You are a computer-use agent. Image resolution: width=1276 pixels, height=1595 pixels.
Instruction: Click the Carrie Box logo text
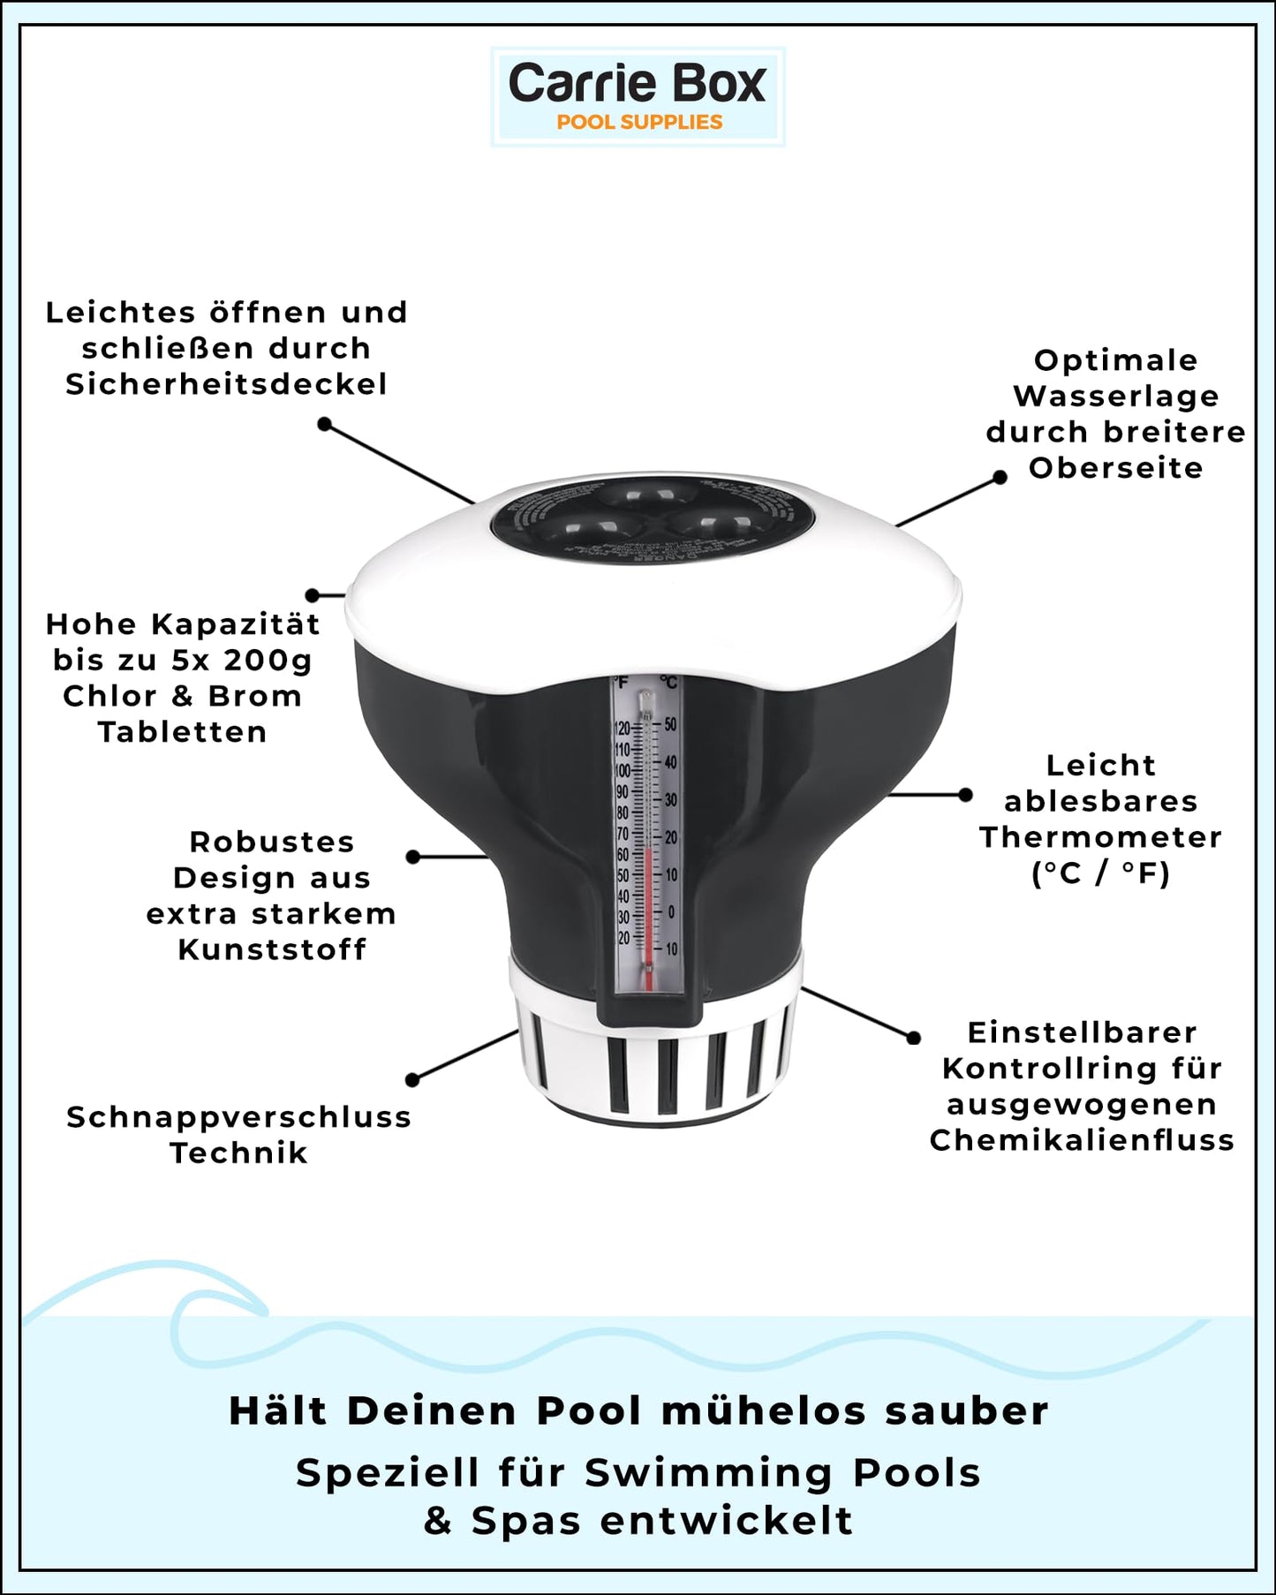pyautogui.click(x=637, y=84)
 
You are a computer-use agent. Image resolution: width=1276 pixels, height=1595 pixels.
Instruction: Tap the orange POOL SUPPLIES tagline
pyautogui.click(x=639, y=123)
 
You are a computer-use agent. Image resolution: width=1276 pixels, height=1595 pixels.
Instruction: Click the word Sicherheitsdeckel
pyautogui.click(x=226, y=384)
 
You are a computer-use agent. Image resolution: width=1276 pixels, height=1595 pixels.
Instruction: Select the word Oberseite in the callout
pyautogui.click(x=1115, y=468)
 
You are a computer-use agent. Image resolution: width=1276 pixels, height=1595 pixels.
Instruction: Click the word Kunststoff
pyautogui.click(x=272, y=949)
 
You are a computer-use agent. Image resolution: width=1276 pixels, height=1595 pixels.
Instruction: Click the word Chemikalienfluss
pyautogui.click(x=1082, y=1140)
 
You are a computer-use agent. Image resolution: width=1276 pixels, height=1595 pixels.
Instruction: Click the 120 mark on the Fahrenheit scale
pyautogui.click(x=623, y=729)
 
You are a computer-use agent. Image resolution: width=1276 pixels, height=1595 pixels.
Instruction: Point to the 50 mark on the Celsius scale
pyautogui.click(x=671, y=724)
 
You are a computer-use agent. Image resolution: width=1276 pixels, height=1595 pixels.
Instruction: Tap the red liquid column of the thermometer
pyautogui.click(x=647, y=910)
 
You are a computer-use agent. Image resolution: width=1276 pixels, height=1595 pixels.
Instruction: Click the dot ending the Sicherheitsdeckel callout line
pyautogui.click(x=325, y=425)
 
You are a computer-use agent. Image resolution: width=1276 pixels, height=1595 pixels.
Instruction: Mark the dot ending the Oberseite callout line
pyautogui.click(x=1000, y=477)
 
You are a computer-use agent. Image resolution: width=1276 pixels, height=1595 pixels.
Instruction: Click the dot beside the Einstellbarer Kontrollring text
pyautogui.click(x=914, y=1038)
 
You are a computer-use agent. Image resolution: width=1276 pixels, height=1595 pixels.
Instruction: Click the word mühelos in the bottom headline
pyautogui.click(x=762, y=1410)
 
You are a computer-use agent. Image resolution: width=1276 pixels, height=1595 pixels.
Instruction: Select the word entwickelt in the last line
pyautogui.click(x=726, y=1521)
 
